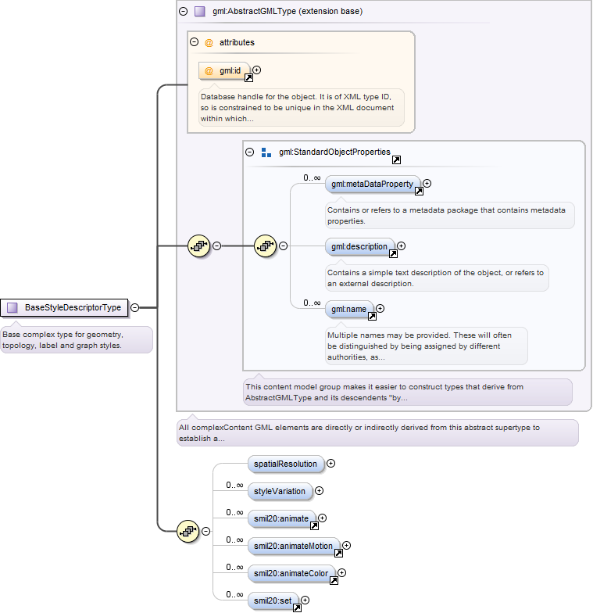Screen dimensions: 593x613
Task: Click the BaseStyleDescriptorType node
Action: tap(64, 308)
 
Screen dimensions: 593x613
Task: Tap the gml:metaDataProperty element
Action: tap(373, 185)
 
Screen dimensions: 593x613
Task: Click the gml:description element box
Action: tap(359, 247)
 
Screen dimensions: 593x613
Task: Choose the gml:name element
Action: tap(349, 310)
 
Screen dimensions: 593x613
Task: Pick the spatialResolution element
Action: tap(286, 464)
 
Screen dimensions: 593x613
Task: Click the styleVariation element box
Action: tap(280, 491)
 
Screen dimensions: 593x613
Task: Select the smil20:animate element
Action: tap(281, 519)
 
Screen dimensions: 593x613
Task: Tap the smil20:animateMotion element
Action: tap(294, 546)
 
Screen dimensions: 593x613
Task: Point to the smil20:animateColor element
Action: tap(291, 574)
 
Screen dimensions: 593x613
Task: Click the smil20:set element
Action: tap(273, 600)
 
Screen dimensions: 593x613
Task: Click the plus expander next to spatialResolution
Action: tap(331, 464)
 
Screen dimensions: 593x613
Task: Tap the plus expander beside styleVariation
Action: tap(319, 491)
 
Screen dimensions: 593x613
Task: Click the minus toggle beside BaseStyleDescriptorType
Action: tap(134, 308)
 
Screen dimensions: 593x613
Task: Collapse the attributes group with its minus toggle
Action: tap(194, 42)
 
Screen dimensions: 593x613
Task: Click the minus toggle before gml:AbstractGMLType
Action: tap(183, 11)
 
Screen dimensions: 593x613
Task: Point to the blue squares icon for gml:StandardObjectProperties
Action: tap(266, 152)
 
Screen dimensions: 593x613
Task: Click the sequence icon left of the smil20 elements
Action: tap(188, 532)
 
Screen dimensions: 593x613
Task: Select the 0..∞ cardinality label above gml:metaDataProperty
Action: tap(312, 178)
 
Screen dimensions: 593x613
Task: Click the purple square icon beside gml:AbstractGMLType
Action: tap(200, 11)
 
